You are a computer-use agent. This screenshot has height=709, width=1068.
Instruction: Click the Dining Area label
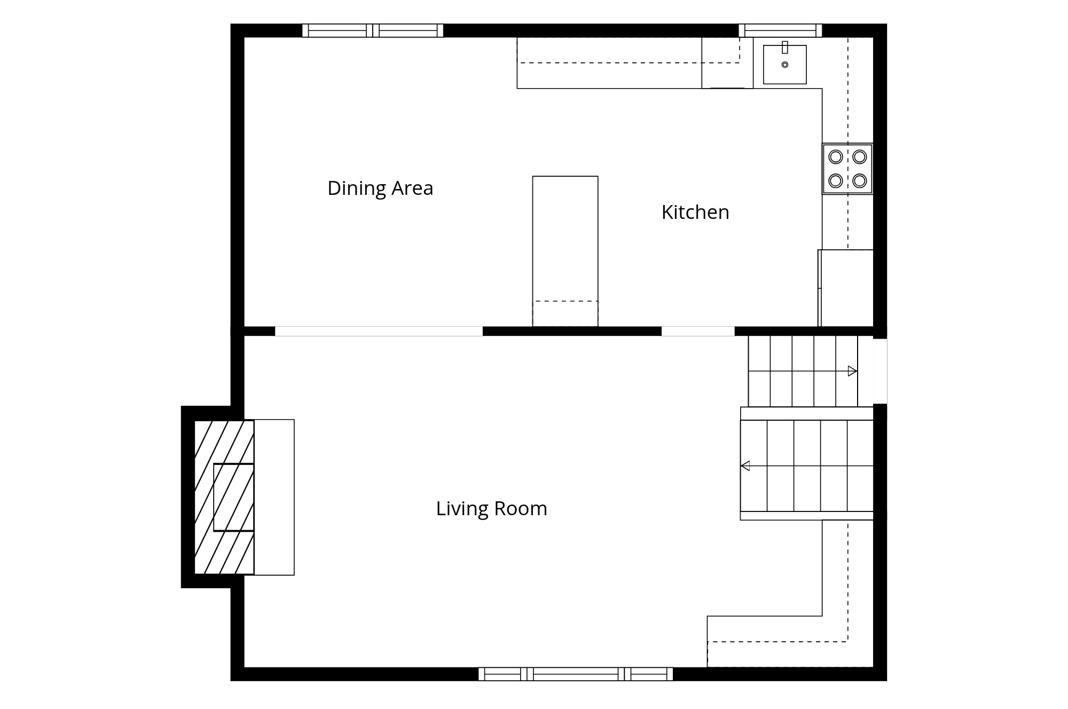click(380, 188)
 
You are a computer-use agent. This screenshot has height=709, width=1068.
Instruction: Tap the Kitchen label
click(695, 212)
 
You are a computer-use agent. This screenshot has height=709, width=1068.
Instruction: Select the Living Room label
click(492, 508)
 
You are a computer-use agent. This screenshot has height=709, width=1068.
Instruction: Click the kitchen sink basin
click(784, 65)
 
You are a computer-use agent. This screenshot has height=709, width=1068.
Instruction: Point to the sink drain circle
click(784, 65)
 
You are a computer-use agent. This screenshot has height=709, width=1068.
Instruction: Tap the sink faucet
click(785, 47)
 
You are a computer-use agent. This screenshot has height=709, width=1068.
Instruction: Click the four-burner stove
click(847, 169)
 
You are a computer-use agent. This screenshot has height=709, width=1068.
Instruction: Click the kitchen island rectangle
click(565, 251)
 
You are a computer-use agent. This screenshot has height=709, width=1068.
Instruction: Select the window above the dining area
click(373, 30)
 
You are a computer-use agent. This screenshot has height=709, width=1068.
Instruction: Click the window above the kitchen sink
click(780, 30)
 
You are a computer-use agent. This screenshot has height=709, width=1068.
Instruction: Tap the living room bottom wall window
click(576, 674)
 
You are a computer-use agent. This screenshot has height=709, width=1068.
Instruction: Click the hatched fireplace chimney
click(224, 497)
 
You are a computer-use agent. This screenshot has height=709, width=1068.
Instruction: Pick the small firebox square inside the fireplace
click(233, 497)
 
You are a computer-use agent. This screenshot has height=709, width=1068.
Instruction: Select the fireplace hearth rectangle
click(274, 497)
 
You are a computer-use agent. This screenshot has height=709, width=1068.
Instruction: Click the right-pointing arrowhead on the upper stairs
click(852, 371)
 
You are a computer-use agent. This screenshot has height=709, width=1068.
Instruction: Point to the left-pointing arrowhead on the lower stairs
click(745, 466)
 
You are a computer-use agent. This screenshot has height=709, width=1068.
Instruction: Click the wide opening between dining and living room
click(379, 331)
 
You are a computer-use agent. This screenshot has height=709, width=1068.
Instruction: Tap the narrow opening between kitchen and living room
click(698, 331)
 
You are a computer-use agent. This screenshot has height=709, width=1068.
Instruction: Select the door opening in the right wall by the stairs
click(880, 371)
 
